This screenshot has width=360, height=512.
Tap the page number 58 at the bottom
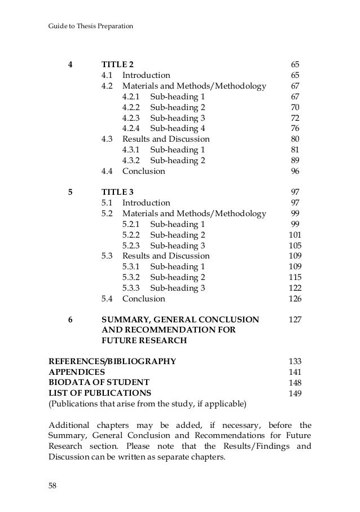54,485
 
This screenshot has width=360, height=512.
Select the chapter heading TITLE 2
117,64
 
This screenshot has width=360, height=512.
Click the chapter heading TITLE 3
117,192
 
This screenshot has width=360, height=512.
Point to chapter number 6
70,320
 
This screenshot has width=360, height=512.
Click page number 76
295,128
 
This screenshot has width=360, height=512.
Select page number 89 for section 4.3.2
295,160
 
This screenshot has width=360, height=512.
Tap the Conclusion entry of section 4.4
144,171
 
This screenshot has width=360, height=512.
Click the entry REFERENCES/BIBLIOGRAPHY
112,361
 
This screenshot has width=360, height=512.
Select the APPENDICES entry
77,372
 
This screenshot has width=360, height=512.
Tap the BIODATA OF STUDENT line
99,383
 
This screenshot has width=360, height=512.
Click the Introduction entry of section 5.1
146,203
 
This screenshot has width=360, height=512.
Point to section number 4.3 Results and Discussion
107,139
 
